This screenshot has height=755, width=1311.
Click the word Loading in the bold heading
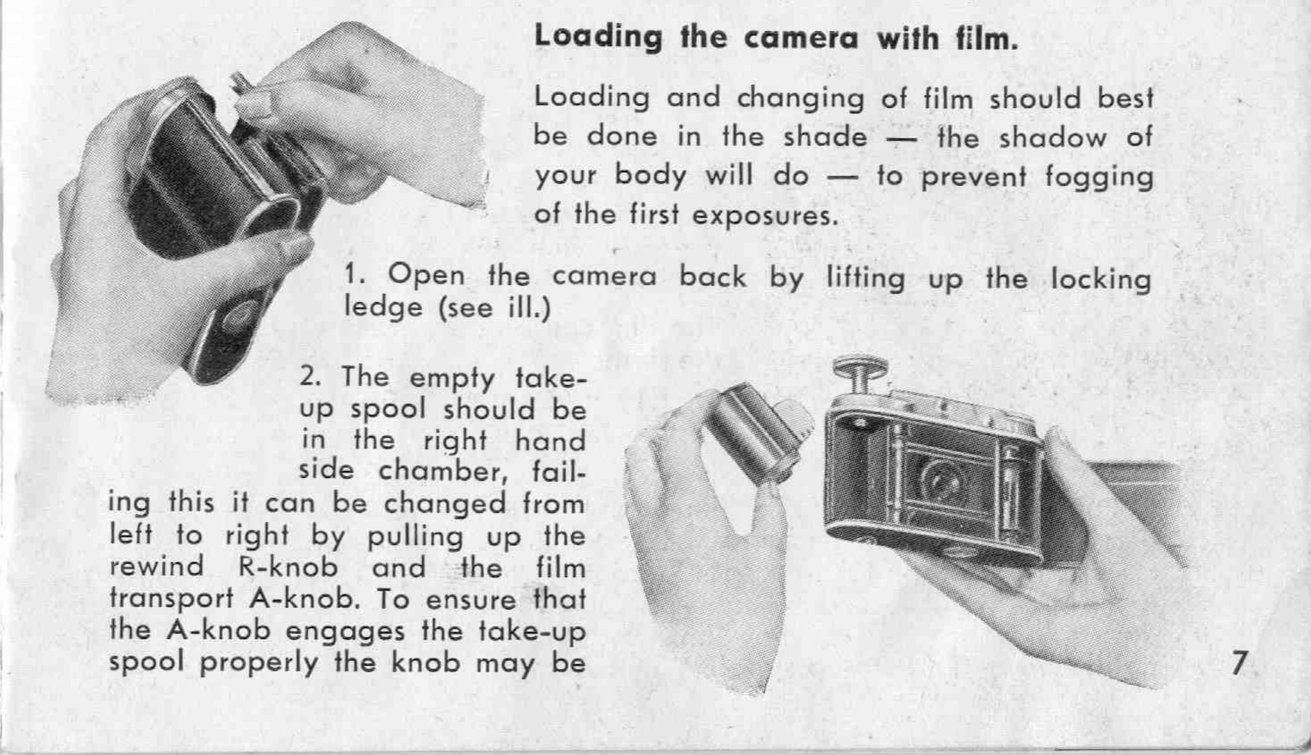[x=598, y=38]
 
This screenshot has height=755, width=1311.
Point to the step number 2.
[x=309, y=377]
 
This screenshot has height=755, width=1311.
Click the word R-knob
[x=288, y=567]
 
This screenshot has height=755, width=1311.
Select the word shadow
[x=1052, y=138]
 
